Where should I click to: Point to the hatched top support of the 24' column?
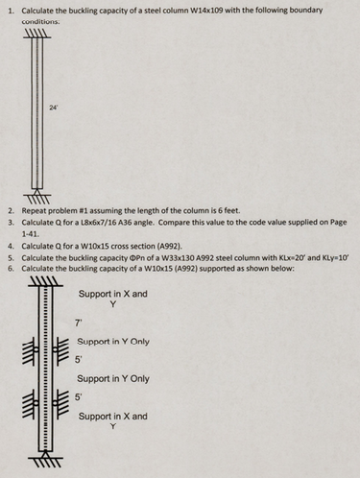click(36, 33)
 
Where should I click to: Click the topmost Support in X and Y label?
click(113, 299)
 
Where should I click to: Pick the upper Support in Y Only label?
click(113, 341)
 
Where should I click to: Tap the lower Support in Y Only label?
click(113, 379)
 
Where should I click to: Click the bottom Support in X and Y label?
click(113, 421)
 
